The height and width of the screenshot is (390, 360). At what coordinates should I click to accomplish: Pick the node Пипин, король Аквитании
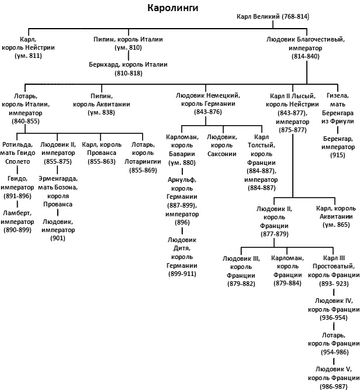pos(102,103)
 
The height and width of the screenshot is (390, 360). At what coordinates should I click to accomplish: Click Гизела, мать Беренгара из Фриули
pos(339,108)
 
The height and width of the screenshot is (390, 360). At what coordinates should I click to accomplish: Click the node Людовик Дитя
pos(182,257)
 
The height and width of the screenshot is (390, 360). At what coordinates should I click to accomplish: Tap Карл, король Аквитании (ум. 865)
pos(337,216)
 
